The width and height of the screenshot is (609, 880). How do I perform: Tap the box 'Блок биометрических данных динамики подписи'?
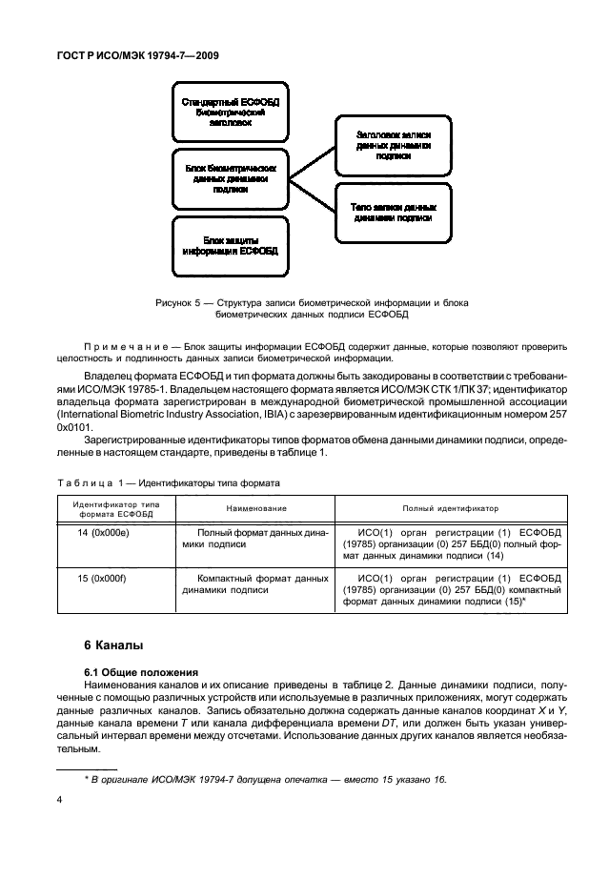tap(230, 176)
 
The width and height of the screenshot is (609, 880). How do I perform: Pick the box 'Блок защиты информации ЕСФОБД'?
tap(230, 246)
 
